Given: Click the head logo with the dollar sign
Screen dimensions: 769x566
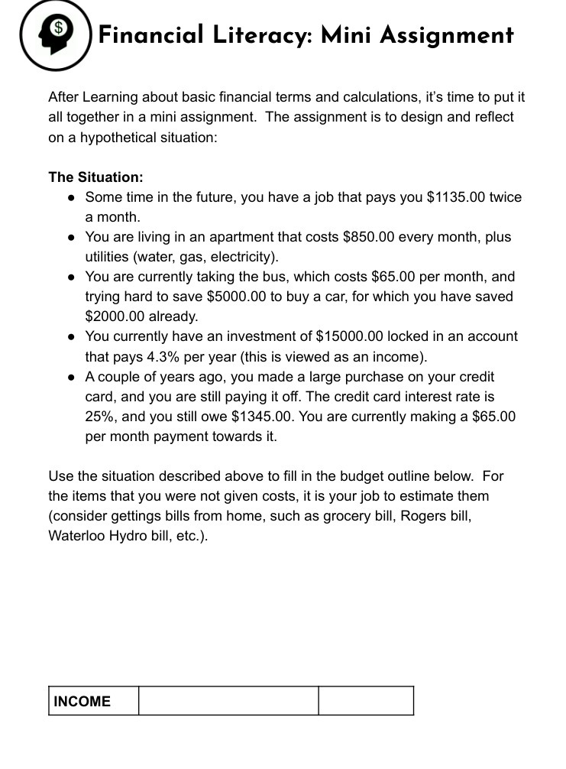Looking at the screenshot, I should coord(55,34).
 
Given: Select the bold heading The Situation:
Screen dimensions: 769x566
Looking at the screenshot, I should coord(95,177).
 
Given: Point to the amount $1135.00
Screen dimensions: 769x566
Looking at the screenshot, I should coord(455,197).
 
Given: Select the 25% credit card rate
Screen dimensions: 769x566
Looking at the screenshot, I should coord(99,417).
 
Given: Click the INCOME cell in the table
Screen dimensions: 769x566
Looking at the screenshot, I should coord(82,701).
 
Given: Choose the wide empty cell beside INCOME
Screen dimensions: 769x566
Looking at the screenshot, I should coord(228,701).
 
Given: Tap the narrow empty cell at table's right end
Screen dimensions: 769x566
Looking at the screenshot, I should coord(366,701).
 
